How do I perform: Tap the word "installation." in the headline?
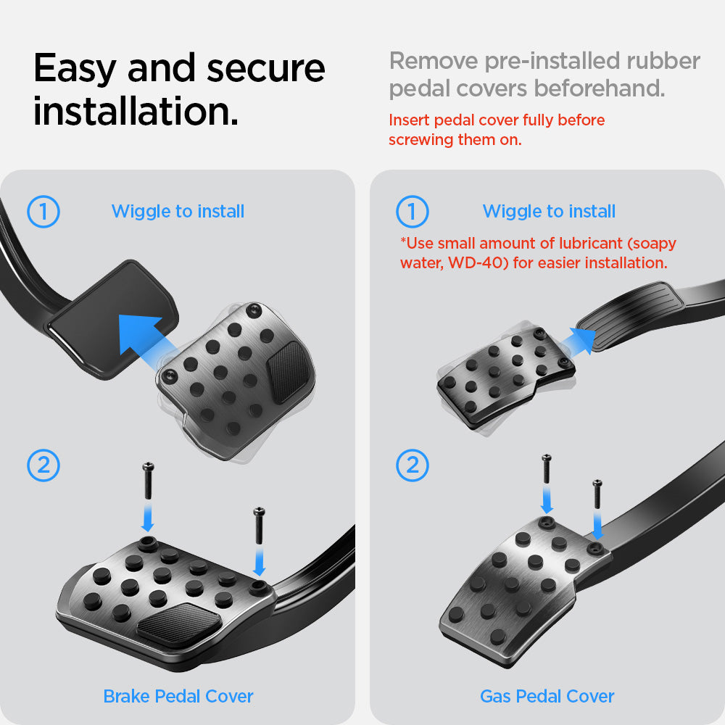(x=136, y=111)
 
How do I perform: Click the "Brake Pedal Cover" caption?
(x=178, y=696)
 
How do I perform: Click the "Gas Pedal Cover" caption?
(x=547, y=696)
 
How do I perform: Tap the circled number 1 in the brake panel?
(x=43, y=212)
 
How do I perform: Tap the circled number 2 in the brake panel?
(x=43, y=465)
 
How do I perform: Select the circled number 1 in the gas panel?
(x=413, y=212)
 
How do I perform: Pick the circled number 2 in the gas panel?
(x=413, y=465)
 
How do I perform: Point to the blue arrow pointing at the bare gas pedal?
(x=578, y=341)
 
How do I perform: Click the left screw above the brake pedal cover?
(x=148, y=481)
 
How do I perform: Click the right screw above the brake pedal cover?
(x=259, y=526)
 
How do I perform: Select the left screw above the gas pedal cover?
(x=547, y=469)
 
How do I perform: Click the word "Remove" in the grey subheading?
(x=434, y=61)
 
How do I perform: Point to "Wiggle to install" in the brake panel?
(x=178, y=211)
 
